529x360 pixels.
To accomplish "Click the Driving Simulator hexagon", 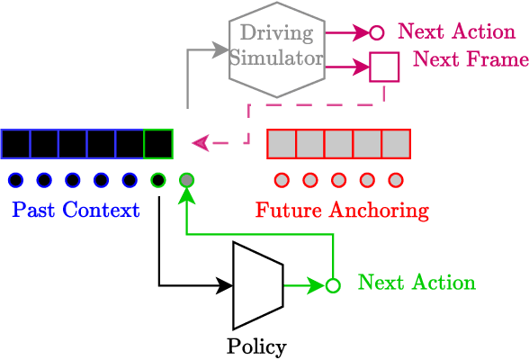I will point(276,48).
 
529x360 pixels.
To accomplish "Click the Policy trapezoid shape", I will point(257,285).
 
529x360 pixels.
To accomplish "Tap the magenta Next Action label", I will point(456,32).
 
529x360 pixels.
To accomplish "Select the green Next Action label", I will point(417,283).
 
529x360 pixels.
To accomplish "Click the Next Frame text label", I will point(471,61).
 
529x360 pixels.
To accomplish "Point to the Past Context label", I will point(76,211).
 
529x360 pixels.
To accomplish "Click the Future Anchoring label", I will point(342,211).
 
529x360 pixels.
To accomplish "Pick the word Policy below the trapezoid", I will point(256,346).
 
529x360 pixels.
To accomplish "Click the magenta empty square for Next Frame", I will point(384,67).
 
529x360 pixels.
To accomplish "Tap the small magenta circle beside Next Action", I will point(377,33).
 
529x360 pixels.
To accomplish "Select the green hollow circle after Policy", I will point(333,285).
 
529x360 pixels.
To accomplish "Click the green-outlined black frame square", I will point(158,144).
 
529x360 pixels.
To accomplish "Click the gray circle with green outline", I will point(186,180).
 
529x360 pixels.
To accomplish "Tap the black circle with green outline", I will point(158,180).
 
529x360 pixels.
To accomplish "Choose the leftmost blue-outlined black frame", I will point(15,144).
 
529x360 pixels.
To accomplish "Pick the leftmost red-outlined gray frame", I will point(282,144).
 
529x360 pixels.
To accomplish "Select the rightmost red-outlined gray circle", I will point(395,180).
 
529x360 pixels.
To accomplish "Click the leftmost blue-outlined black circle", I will point(15,180).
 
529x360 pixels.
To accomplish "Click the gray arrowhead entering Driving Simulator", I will point(221,50).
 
